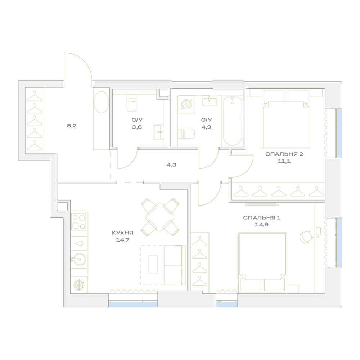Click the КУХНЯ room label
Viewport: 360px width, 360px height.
122,233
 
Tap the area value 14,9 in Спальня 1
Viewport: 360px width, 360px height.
261,225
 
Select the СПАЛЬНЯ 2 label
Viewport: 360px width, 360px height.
284,154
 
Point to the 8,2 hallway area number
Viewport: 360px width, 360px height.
72,126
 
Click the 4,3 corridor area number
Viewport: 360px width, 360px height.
171,165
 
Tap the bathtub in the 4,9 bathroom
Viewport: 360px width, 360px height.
232,121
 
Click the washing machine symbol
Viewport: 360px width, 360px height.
186,104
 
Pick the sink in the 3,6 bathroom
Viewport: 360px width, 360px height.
158,132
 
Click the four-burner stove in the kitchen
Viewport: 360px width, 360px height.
79,222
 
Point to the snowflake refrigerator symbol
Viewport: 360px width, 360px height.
79,285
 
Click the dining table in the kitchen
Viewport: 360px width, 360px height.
160,217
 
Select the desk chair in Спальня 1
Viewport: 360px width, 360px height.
306,237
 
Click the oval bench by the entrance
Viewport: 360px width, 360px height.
101,102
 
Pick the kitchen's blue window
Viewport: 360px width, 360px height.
133,305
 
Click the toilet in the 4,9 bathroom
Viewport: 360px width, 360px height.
186,134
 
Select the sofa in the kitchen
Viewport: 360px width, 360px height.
175,265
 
